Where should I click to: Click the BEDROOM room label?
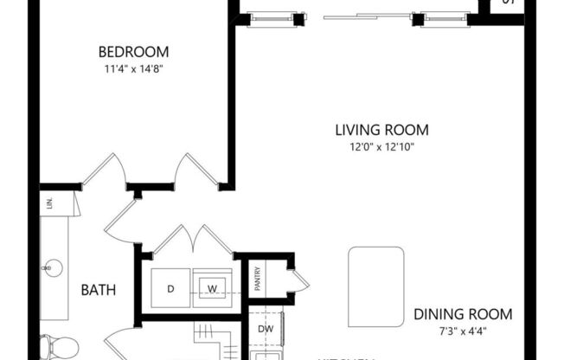click(x=132, y=51)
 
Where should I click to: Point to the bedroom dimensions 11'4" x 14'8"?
click(x=132, y=68)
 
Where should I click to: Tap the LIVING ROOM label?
click(x=381, y=130)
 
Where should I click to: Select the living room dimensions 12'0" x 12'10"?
click(x=381, y=146)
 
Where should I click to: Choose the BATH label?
click(x=99, y=290)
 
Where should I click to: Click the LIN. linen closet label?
click(x=49, y=203)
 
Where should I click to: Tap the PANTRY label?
click(x=258, y=280)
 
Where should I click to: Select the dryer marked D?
click(x=170, y=287)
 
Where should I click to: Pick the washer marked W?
click(x=210, y=287)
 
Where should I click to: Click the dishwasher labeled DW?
click(x=266, y=329)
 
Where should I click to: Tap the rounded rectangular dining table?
click(x=376, y=273)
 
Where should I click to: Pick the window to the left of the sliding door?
click(x=270, y=18)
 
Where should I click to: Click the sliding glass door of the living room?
click(x=365, y=16)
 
